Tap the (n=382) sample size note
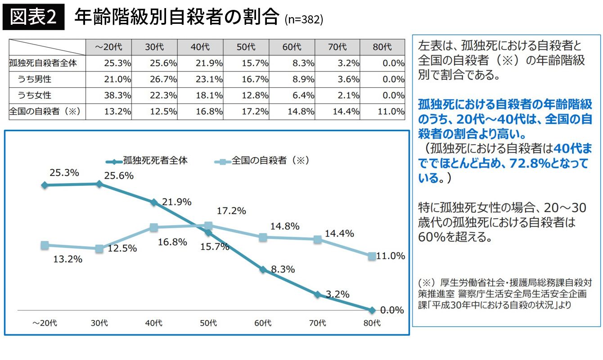(x=304, y=20)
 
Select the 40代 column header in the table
(x=200, y=47)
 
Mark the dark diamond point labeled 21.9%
(x=154, y=202)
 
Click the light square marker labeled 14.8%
(x=263, y=237)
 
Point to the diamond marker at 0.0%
(x=372, y=310)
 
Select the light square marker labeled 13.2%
(x=45, y=245)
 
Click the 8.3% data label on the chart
(x=283, y=270)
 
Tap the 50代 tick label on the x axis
(x=208, y=323)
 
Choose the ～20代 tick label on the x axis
(x=45, y=323)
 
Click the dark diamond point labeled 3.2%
(x=318, y=295)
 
